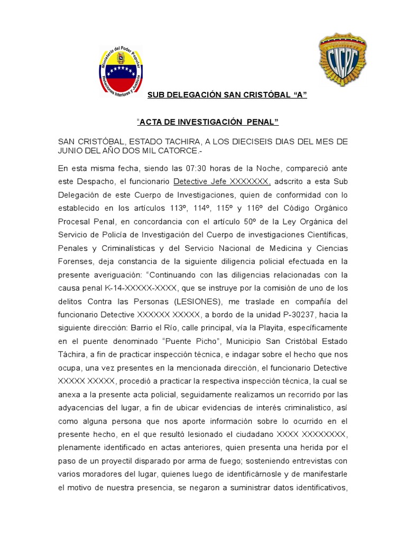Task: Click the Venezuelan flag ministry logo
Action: [x=121, y=71]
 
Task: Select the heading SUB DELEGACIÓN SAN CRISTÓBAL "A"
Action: [x=227, y=95]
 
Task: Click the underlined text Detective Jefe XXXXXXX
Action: [x=222, y=182]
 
